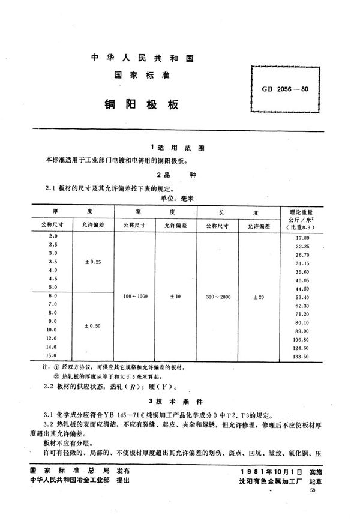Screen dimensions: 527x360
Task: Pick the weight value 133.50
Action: (302, 356)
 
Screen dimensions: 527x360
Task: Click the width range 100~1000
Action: (134, 297)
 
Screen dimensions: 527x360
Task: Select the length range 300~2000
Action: (217, 297)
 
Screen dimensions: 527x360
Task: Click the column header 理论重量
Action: (302, 212)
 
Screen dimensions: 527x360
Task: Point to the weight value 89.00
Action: (302, 330)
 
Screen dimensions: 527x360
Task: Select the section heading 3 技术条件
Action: (179, 401)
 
